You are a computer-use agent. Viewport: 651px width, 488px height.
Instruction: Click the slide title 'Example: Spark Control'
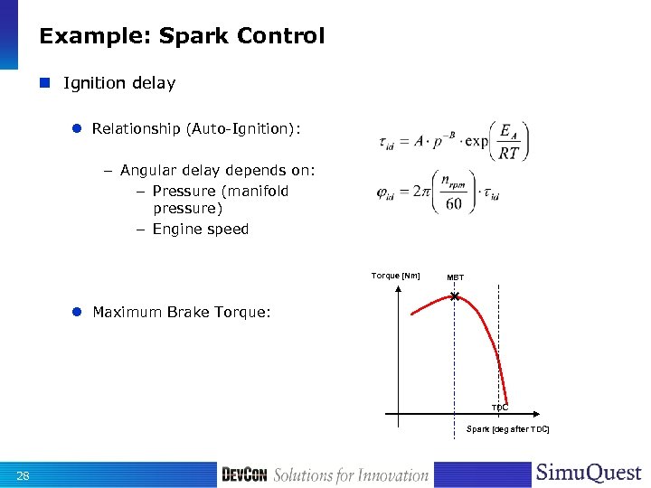click(x=182, y=37)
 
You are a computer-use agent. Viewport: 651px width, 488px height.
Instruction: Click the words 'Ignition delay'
click(x=119, y=83)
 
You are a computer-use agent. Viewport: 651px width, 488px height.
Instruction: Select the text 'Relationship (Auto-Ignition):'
click(x=196, y=129)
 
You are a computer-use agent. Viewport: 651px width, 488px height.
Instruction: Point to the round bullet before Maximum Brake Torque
click(x=78, y=312)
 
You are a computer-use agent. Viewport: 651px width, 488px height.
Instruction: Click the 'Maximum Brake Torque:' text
click(x=181, y=312)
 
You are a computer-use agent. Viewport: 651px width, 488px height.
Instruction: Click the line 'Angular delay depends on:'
click(x=217, y=170)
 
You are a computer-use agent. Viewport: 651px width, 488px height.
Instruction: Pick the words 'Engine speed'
click(x=200, y=229)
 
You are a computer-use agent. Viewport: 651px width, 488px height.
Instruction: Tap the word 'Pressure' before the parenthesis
click(x=184, y=191)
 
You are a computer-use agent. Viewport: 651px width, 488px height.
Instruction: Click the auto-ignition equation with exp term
click(x=452, y=142)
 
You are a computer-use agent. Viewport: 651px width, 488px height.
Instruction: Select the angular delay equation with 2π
click(x=439, y=192)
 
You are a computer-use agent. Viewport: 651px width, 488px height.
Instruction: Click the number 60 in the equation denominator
click(x=453, y=204)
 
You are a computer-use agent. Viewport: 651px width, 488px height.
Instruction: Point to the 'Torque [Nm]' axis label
click(x=395, y=276)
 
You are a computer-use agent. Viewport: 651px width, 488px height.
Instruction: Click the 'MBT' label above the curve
click(x=456, y=277)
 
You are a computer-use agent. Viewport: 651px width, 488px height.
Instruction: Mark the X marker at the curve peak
click(x=455, y=296)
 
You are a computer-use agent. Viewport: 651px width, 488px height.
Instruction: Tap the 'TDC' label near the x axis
click(x=500, y=408)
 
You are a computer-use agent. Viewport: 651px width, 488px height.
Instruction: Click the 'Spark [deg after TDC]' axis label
click(x=507, y=428)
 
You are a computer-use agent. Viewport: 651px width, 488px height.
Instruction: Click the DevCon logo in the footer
click(x=243, y=475)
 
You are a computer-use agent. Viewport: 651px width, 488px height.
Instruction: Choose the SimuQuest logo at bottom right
click(x=589, y=474)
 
